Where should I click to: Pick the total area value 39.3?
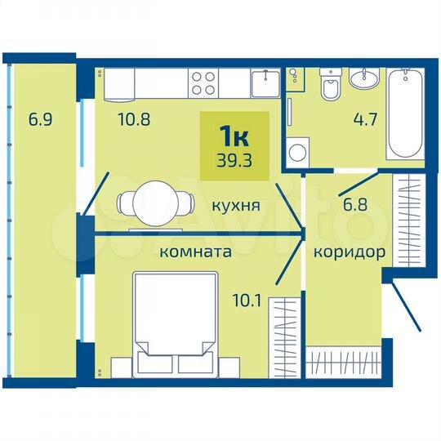[234, 159]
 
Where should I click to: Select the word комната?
[195, 252]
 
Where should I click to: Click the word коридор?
[349, 252]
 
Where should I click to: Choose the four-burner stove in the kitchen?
[204, 81]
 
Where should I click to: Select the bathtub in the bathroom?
[404, 117]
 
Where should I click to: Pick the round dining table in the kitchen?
[156, 201]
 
